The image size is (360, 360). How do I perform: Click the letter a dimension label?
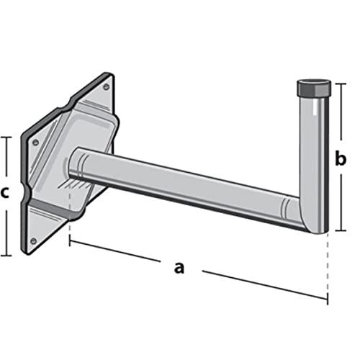[x=179, y=268]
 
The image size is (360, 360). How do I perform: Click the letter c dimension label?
[x=6, y=194]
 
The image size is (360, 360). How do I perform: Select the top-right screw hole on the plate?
[x=106, y=87]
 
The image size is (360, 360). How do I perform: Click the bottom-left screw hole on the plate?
[x=33, y=240]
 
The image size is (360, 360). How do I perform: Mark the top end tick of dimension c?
[x=6, y=137]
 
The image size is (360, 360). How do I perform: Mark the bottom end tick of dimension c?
[x=6, y=255]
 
